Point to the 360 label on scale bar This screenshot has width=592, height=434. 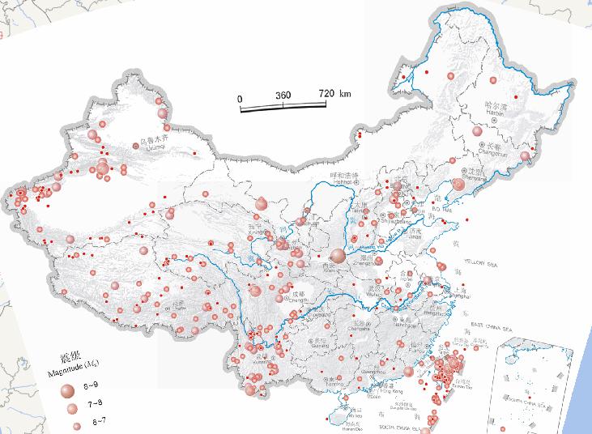point(283,95)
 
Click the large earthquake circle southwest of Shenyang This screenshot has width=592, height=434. point(458,185)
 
